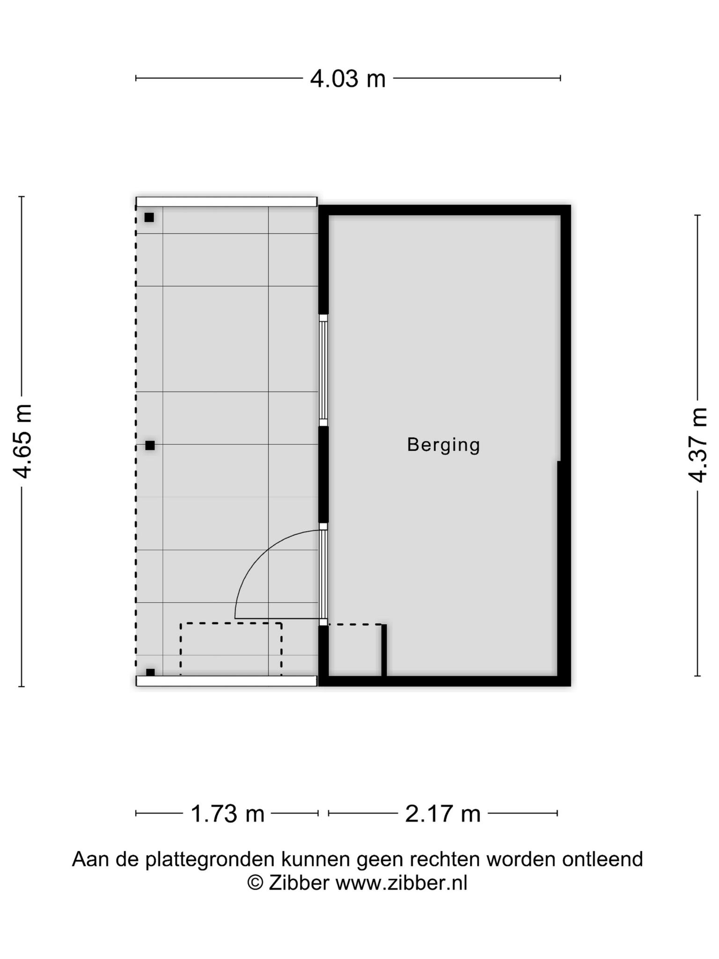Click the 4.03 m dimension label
348,79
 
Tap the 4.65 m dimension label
22,441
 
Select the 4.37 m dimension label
697,445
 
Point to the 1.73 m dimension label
227,813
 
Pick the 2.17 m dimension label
443,813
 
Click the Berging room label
444,445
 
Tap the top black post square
149,217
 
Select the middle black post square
150,445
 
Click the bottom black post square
150,672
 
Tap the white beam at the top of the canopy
227,202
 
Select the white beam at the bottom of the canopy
227,681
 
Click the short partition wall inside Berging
384,650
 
